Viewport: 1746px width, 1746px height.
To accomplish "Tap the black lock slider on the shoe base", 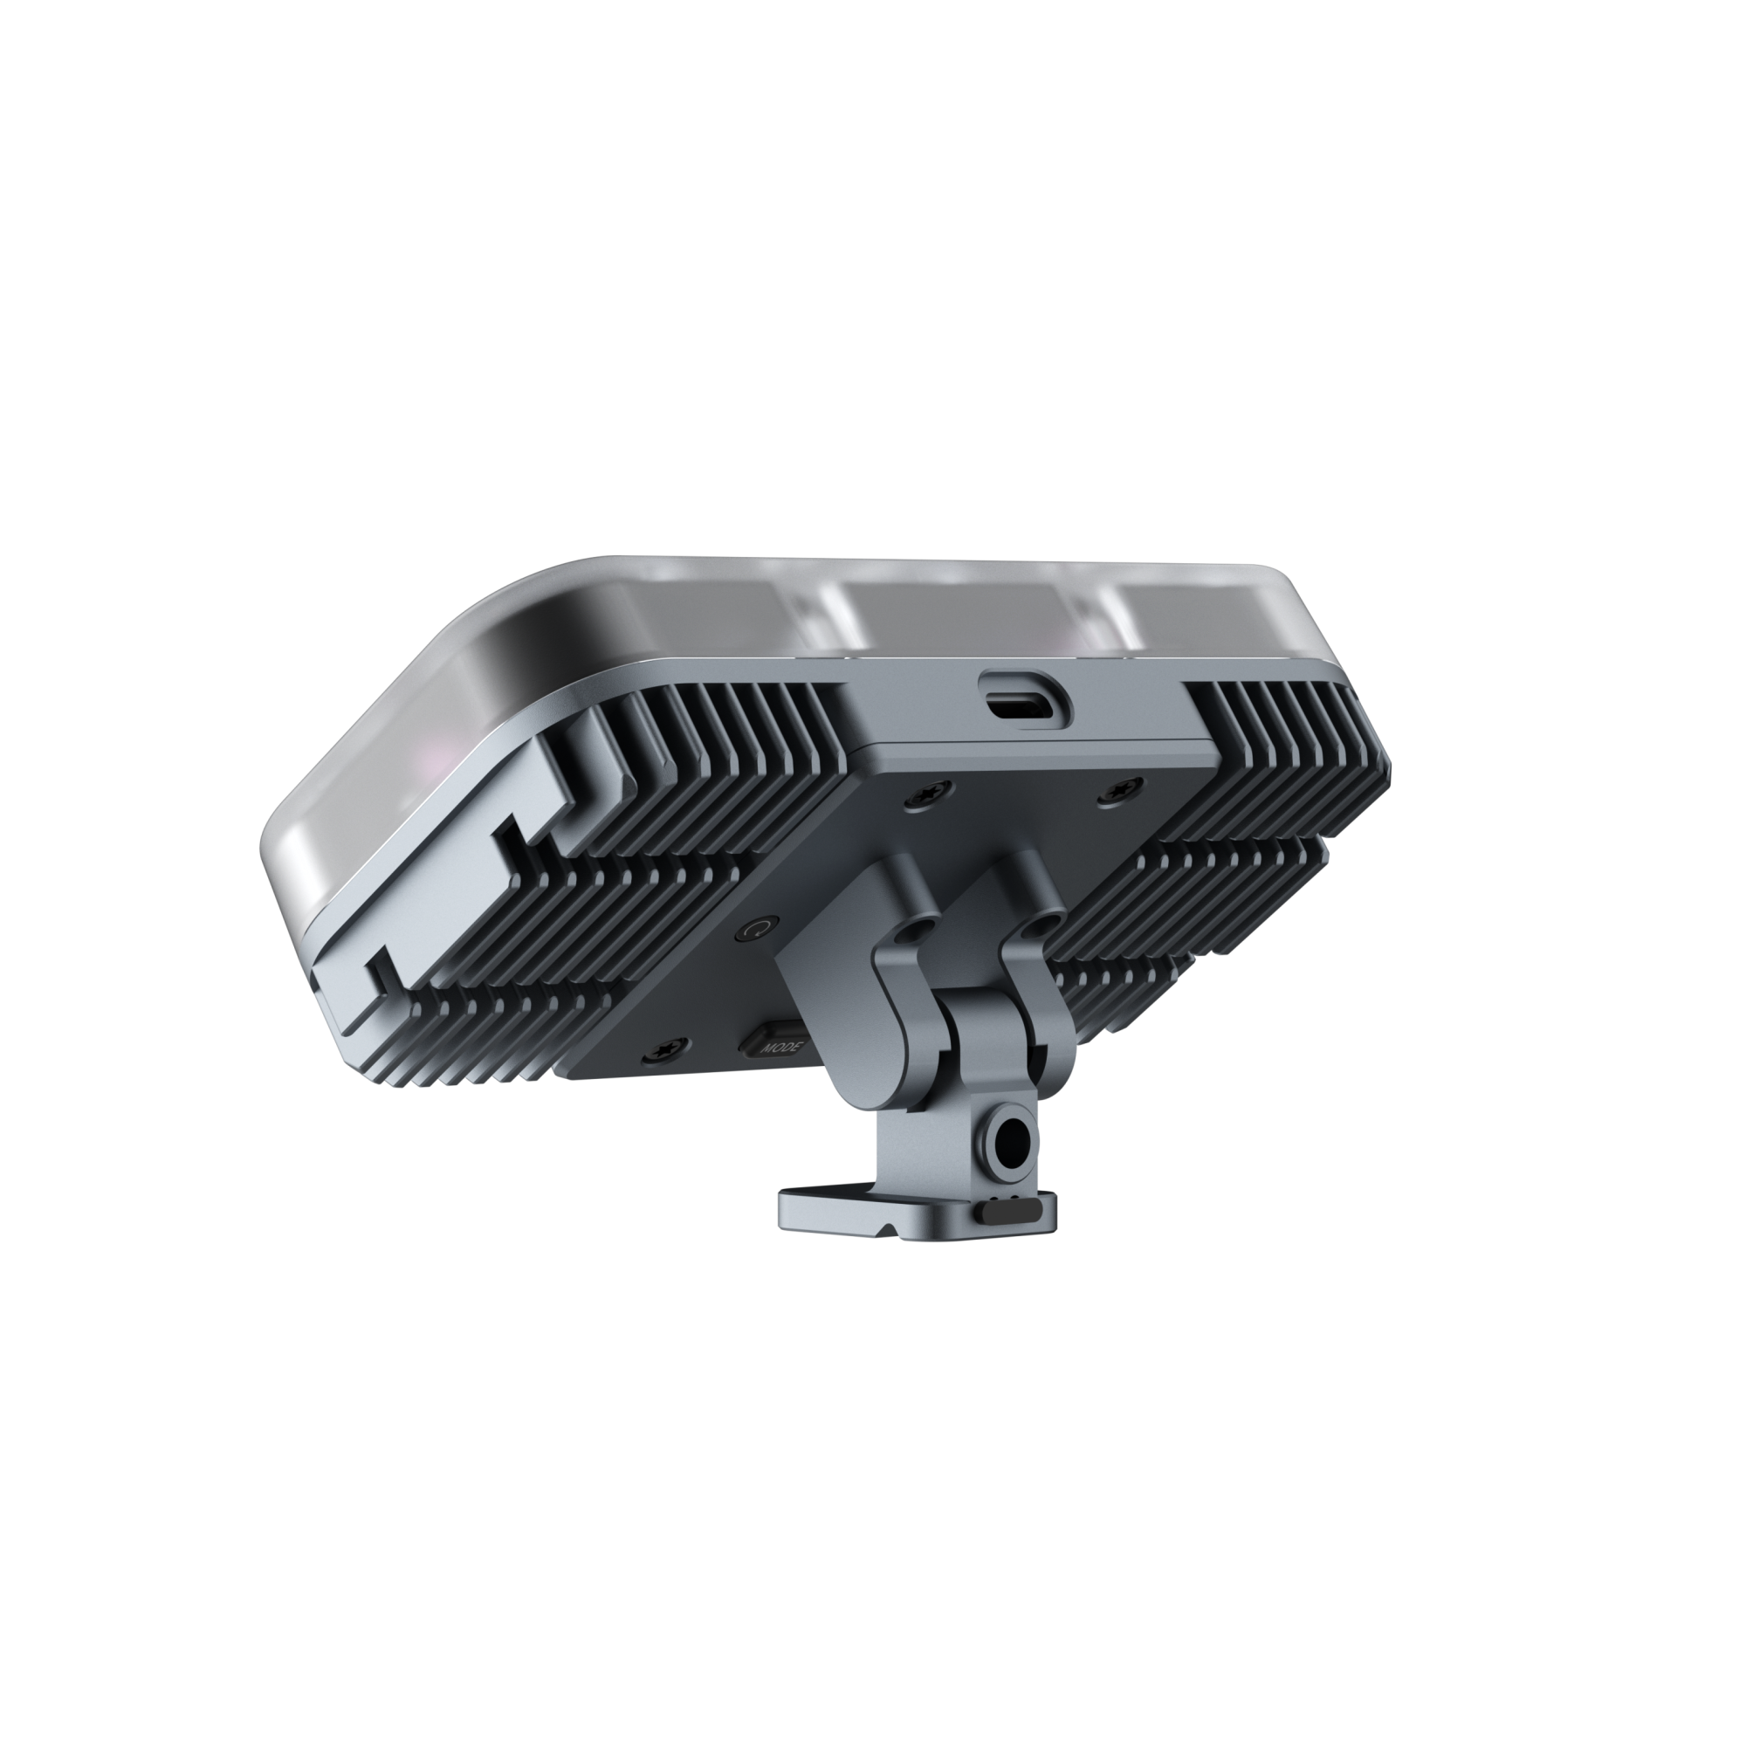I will (1012, 1210).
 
